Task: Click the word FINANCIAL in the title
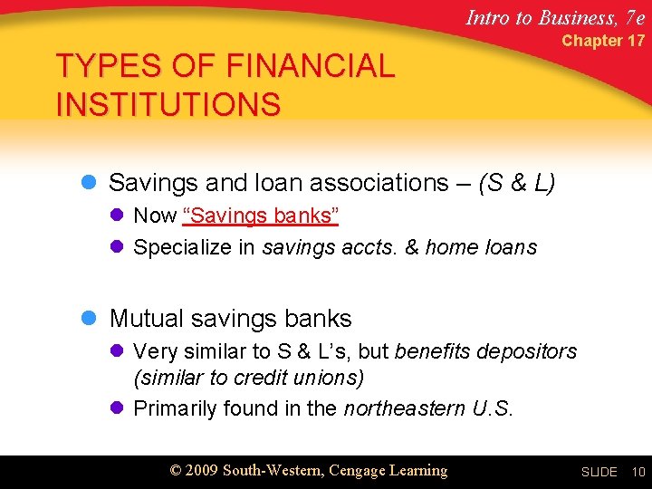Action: [311, 67]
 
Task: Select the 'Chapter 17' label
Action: [603, 41]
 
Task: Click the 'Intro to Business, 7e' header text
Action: [555, 16]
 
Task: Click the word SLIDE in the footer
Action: [599, 472]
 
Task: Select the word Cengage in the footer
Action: [358, 470]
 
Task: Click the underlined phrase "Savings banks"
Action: [261, 216]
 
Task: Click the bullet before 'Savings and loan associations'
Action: [89, 183]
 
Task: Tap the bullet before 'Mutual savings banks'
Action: [89, 319]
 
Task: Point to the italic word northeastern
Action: [405, 408]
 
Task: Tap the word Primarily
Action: [175, 408]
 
